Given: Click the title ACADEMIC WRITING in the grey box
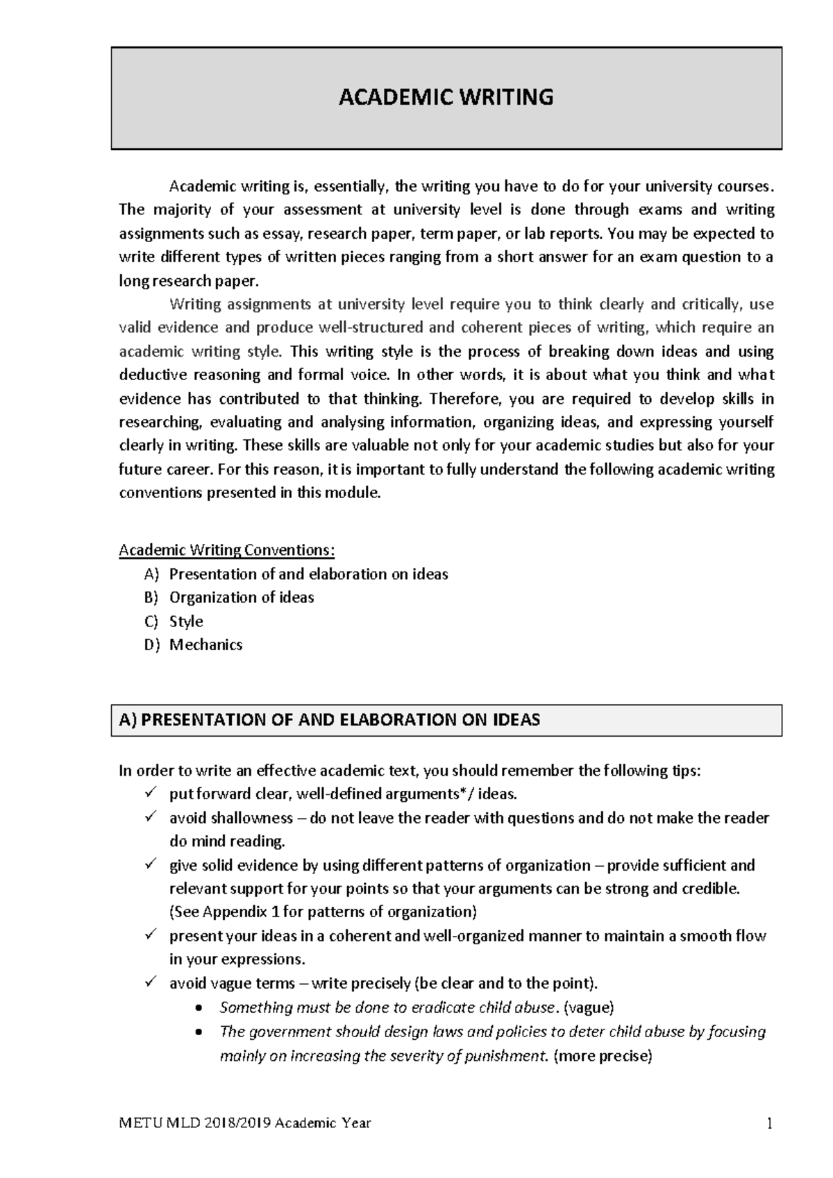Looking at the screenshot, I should [446, 97].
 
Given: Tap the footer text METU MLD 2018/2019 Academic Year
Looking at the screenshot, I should [245, 1123].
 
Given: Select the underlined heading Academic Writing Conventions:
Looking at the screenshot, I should [227, 550].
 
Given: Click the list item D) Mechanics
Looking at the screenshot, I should [194, 645].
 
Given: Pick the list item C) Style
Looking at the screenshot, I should [174, 621].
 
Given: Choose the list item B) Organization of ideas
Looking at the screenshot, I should [230, 597].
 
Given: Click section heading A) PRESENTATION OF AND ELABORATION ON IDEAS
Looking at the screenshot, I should [330, 719].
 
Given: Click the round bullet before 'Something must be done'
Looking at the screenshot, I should [201, 1007].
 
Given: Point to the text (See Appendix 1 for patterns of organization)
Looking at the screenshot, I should [323, 912].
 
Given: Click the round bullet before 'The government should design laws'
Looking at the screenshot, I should [201, 1032].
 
